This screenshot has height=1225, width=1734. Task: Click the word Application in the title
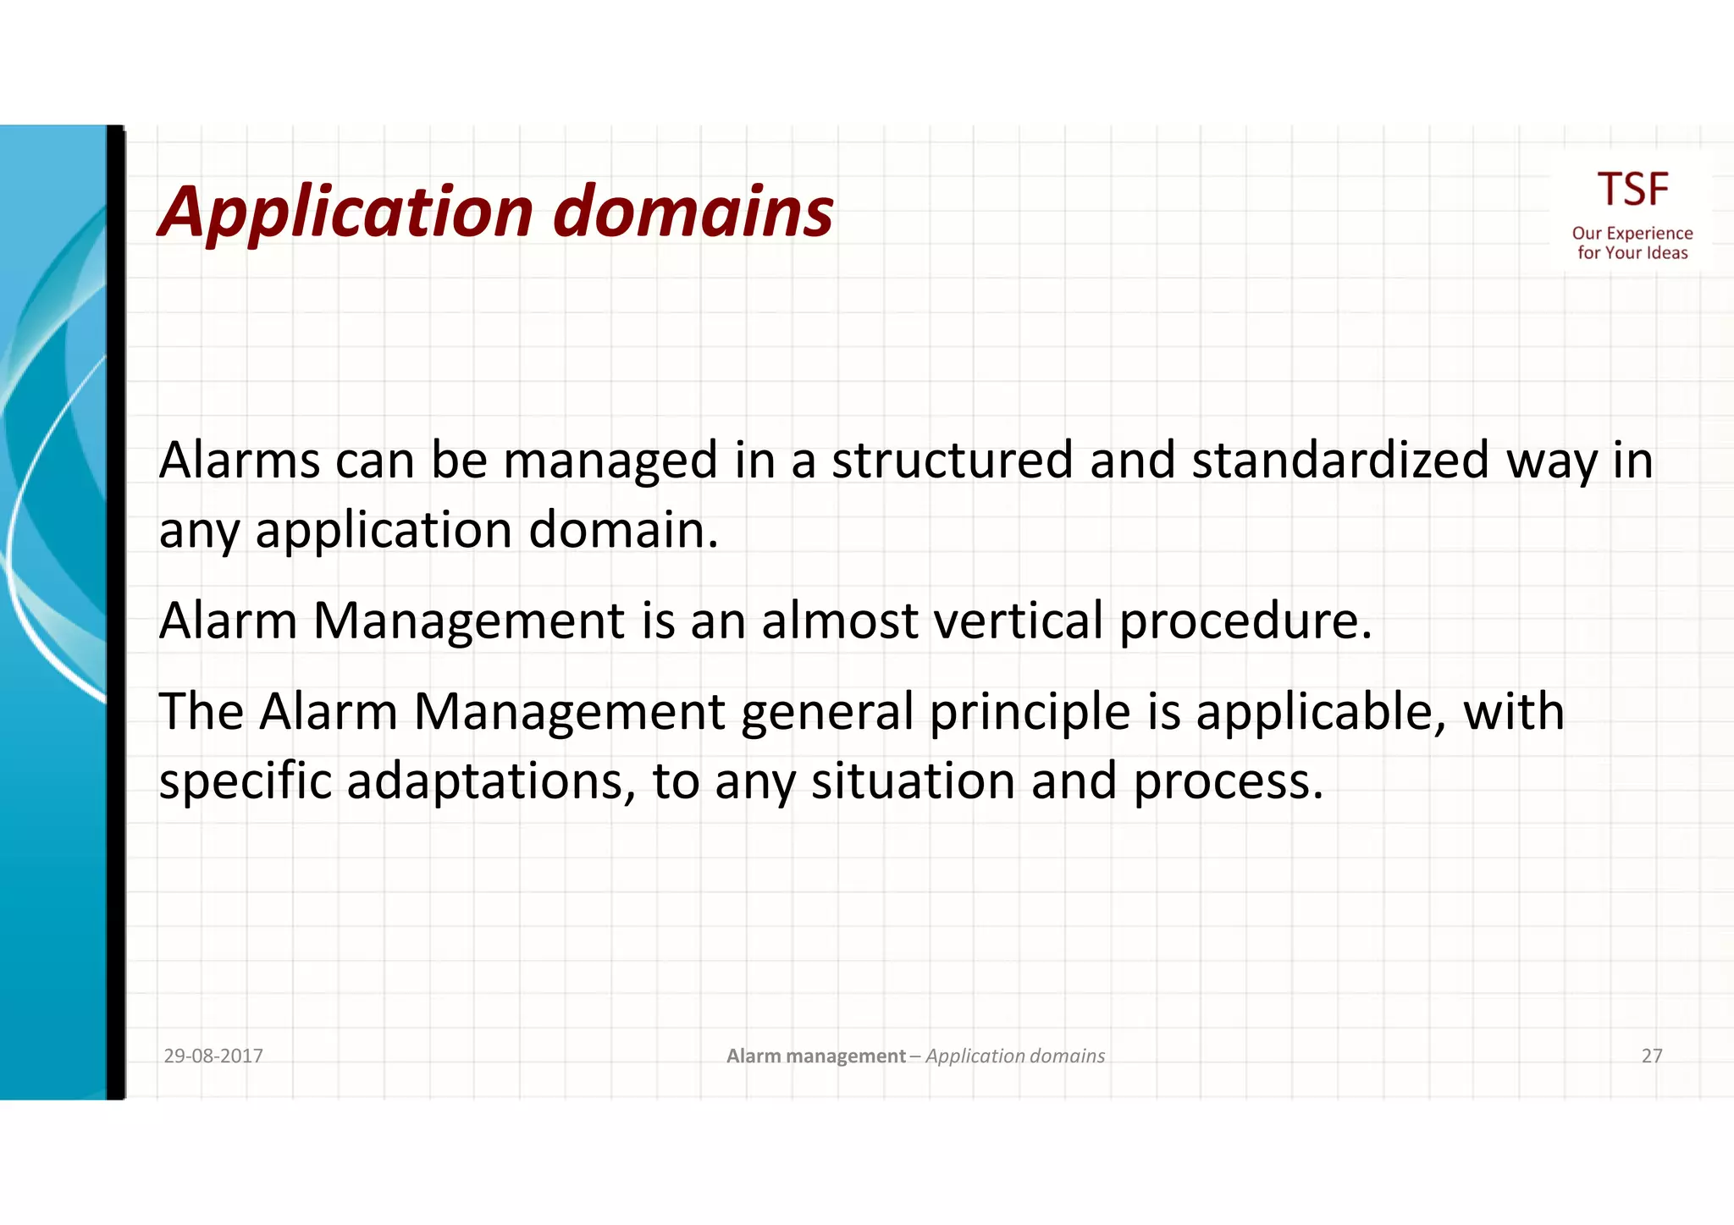click(345, 212)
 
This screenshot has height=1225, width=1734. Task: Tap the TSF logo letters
click(1632, 190)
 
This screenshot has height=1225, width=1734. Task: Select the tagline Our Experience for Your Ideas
click(1632, 243)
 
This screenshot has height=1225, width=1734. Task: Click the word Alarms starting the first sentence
click(239, 461)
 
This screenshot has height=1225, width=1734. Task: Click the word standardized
click(1339, 461)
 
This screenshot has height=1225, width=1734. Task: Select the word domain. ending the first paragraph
click(623, 531)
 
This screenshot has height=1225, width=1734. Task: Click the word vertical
click(1018, 621)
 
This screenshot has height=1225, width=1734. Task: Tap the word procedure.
click(1245, 621)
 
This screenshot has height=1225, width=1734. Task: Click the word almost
click(839, 621)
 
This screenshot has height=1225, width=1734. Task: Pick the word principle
click(1030, 712)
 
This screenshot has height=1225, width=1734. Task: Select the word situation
click(913, 781)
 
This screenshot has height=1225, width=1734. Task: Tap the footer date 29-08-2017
click(213, 1056)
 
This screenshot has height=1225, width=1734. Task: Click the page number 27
click(1651, 1056)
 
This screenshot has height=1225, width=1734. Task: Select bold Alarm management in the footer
click(816, 1056)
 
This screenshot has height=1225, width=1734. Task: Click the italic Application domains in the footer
click(1014, 1056)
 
